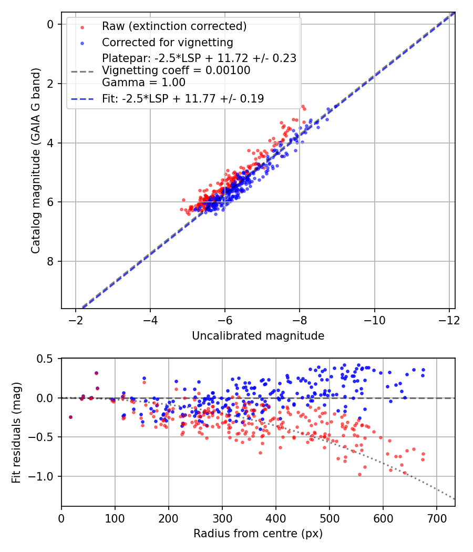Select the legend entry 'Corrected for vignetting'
coord(167,42)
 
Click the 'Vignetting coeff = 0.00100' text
coord(176,70)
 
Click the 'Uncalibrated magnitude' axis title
coord(258,335)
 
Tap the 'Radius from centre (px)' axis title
coord(258,534)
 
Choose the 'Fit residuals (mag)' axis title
coord(17,432)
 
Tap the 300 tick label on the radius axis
coord(222,518)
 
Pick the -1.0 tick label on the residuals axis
coord(42,476)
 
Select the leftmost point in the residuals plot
coord(70,417)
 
